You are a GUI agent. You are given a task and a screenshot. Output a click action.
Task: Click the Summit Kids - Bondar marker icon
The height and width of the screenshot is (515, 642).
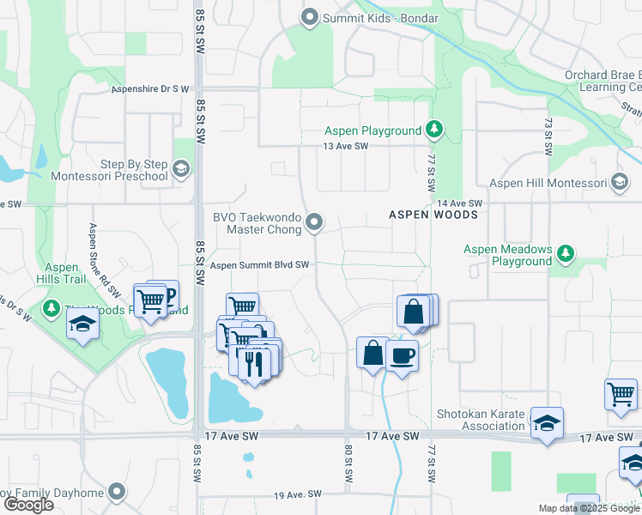click(x=309, y=17)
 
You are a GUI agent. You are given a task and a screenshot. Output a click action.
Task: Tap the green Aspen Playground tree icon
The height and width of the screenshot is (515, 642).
click(x=435, y=130)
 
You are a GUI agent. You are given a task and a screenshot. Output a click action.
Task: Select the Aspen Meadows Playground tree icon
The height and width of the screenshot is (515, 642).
click(x=565, y=253)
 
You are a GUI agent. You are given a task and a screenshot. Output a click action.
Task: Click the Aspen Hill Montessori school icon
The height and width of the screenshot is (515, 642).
click(x=620, y=183)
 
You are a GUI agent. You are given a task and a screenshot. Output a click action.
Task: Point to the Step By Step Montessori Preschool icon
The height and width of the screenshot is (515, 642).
click(x=180, y=168)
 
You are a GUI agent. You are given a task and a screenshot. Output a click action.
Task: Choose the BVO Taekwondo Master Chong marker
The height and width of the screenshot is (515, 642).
click(x=315, y=222)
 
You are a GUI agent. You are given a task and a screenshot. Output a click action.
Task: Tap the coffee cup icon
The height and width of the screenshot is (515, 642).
click(x=401, y=354)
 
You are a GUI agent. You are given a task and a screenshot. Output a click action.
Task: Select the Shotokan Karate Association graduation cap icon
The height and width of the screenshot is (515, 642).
click(x=546, y=423)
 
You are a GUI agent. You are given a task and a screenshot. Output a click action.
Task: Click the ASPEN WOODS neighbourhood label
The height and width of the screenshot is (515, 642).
click(x=433, y=215)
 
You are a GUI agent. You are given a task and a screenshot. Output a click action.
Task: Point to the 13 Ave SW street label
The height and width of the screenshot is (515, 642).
click(x=345, y=147)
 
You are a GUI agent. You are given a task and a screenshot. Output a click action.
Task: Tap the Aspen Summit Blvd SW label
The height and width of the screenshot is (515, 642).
click(x=259, y=266)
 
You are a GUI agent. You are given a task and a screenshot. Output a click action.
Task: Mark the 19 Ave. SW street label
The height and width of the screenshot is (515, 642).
click(x=297, y=495)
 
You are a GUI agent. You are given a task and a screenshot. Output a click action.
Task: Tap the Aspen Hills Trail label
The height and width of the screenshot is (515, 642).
click(x=60, y=273)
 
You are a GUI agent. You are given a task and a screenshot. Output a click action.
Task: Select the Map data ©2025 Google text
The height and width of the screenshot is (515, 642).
click(x=588, y=508)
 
